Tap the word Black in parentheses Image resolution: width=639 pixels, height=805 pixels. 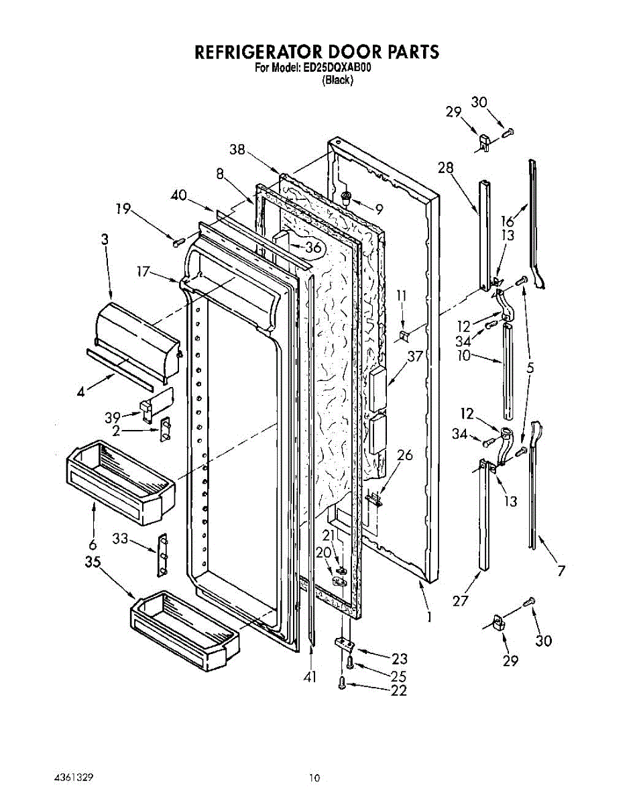pyautogui.click(x=337, y=80)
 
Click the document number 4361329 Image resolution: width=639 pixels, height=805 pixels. pyautogui.click(x=72, y=778)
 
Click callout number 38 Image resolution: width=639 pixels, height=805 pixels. pyautogui.click(x=237, y=151)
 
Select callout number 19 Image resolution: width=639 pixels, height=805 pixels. pyautogui.click(x=123, y=209)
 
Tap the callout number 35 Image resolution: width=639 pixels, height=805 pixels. pyautogui.click(x=93, y=562)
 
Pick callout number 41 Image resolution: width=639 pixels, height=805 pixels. pyautogui.click(x=309, y=678)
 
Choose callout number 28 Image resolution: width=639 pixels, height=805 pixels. pyautogui.click(x=447, y=168)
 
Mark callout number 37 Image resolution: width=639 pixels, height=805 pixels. pyautogui.click(x=415, y=356)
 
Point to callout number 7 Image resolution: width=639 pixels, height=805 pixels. pyautogui.click(x=561, y=571)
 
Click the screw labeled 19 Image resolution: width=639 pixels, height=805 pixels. pyautogui.click(x=179, y=241)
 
